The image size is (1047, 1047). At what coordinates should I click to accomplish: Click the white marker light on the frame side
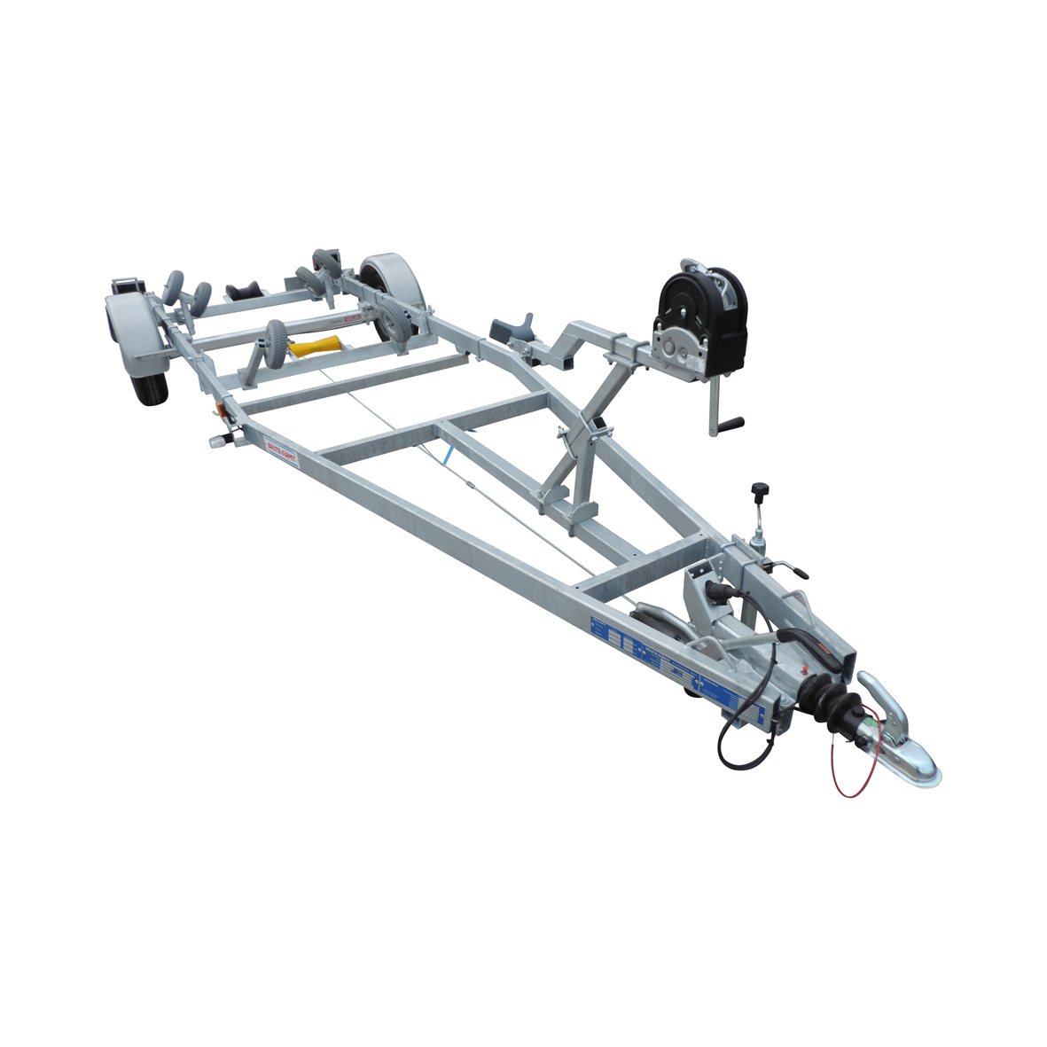[x=218, y=441]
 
